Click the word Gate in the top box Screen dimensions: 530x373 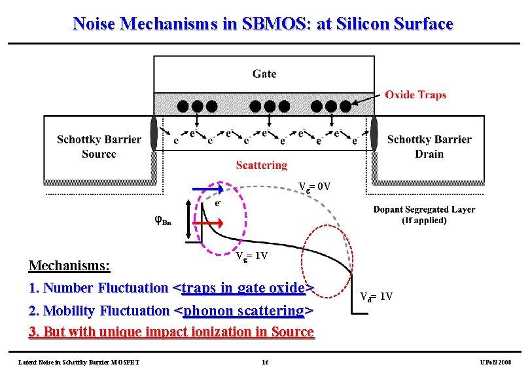(264, 73)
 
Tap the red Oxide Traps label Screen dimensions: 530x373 (415, 95)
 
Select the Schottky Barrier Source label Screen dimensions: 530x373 (99, 147)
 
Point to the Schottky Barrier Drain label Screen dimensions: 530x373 (429, 147)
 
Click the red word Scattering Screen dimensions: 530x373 (262, 166)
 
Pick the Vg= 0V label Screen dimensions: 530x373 (315, 186)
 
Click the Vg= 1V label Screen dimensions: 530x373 (252, 256)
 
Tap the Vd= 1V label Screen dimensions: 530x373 (377, 296)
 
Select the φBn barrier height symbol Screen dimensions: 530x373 (163, 221)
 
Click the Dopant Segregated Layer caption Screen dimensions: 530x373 (424, 215)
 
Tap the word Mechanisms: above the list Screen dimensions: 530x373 (69, 266)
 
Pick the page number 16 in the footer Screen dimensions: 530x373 (264, 362)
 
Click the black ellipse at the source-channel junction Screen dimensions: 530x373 (154, 133)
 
